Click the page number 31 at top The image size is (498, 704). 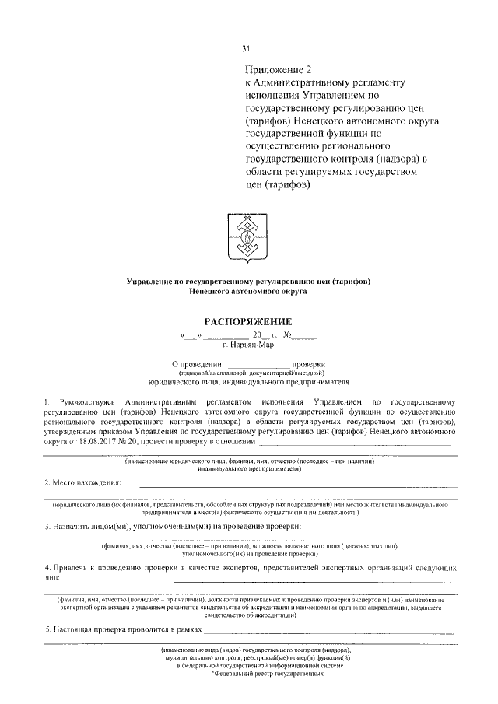point(247,51)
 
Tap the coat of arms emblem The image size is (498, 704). point(247,236)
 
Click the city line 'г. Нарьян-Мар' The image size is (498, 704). point(248,347)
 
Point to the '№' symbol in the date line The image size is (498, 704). point(286,337)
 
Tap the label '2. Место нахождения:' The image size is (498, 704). point(82,483)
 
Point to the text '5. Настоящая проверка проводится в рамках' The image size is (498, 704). point(122,628)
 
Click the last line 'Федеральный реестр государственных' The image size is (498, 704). point(268,674)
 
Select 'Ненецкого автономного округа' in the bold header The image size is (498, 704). point(247,291)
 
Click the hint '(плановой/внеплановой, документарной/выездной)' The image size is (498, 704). point(248,373)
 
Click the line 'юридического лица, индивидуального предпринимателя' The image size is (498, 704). point(248,383)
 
